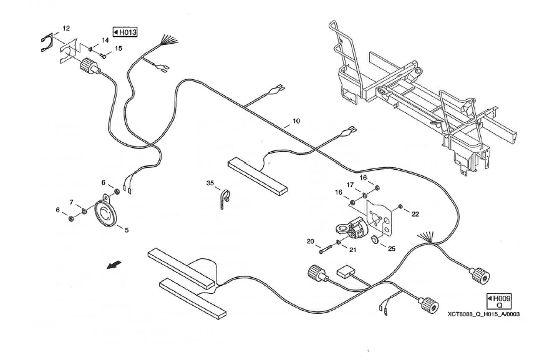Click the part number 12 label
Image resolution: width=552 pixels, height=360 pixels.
pyautogui.click(x=66, y=28)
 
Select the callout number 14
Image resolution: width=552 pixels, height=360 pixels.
pyautogui.click(x=105, y=40)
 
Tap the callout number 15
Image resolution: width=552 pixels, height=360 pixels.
pyautogui.click(x=118, y=48)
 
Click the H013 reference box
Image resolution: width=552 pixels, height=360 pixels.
pyautogui.click(x=124, y=32)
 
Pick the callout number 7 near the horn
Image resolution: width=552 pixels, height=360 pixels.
pyautogui.click(x=72, y=202)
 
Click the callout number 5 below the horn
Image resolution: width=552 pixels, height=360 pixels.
pyautogui.click(x=127, y=230)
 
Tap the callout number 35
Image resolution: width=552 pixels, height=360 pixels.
pyautogui.click(x=210, y=183)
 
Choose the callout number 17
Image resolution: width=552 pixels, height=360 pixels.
pyautogui.click(x=351, y=185)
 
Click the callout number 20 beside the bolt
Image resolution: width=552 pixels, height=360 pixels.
pyautogui.click(x=310, y=241)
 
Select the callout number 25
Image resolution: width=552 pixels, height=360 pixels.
pyautogui.click(x=392, y=250)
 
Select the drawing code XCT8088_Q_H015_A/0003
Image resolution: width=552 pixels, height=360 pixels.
pyautogui.click(x=483, y=314)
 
